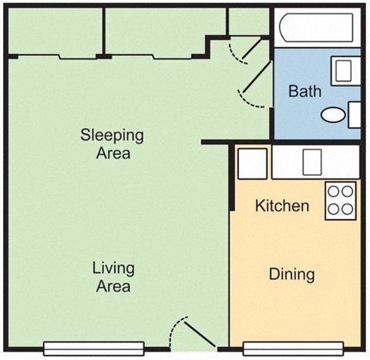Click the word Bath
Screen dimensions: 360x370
pyautogui.click(x=304, y=91)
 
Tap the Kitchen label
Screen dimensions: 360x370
pyautogui.click(x=282, y=206)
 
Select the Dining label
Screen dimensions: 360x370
pyautogui.click(x=291, y=274)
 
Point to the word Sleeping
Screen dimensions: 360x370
pyautogui.click(x=113, y=135)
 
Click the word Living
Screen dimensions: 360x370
pyautogui.click(x=113, y=268)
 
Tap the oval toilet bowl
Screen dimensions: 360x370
pyautogui.click(x=334, y=116)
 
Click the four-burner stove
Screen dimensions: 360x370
pyautogui.click(x=341, y=200)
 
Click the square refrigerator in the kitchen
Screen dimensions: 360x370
pyautogui.click(x=251, y=163)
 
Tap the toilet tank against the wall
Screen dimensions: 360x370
pyautogui.click(x=355, y=114)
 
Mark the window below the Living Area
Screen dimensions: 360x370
pyautogui.click(x=95, y=347)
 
